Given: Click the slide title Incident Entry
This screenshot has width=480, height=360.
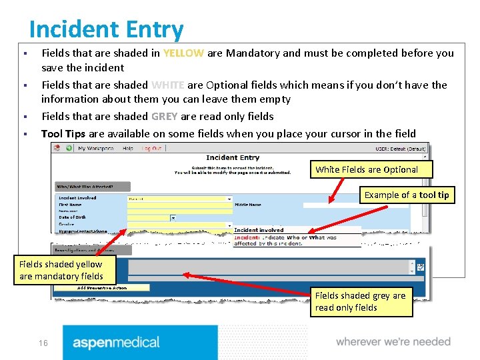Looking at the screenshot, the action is pyautogui.click(x=106, y=29).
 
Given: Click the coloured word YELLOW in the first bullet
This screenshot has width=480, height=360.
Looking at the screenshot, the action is pyautogui.click(x=183, y=53).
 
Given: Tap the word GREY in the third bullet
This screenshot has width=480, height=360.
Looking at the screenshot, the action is pyautogui.click(x=164, y=116).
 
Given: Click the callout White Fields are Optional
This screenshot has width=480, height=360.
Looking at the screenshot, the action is pyautogui.click(x=367, y=169).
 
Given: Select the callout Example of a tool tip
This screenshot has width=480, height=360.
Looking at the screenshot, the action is pyautogui.click(x=406, y=195).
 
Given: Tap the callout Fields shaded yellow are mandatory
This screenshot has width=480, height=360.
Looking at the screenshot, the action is pyautogui.click(x=61, y=270).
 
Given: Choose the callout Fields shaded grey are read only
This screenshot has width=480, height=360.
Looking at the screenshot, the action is pyautogui.click(x=360, y=301).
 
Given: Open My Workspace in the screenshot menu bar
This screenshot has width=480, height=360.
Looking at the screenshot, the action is pyautogui.click(x=96, y=149).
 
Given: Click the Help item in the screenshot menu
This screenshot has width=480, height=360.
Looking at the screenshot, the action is pyautogui.click(x=127, y=149).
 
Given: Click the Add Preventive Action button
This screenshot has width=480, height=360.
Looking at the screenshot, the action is pyautogui.click(x=102, y=287).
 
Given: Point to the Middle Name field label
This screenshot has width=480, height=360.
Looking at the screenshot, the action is pyautogui.click(x=248, y=205).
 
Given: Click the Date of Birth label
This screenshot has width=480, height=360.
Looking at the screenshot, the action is pyautogui.click(x=73, y=217).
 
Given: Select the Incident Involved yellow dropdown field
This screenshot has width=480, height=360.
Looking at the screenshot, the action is pyautogui.click(x=179, y=199).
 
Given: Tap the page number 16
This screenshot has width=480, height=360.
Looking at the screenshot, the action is pyautogui.click(x=43, y=343).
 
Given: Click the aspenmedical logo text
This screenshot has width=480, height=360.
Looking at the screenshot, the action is pyautogui.click(x=116, y=343).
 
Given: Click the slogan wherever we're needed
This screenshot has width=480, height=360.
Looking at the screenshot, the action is pyautogui.click(x=393, y=342).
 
